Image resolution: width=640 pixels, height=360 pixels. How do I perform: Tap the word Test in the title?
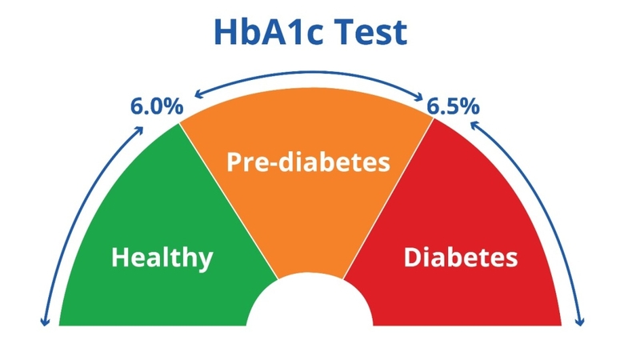point(371,33)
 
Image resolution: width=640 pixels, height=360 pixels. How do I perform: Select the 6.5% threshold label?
point(453,106)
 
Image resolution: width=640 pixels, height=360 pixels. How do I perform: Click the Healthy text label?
point(162,258)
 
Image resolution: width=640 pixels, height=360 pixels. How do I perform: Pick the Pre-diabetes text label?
point(308,163)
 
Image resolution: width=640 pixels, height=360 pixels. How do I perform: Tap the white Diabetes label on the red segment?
point(459,258)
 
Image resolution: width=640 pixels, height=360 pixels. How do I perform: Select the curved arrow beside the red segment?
point(552,208)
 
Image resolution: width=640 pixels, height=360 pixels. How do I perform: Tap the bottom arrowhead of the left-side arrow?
point(45,322)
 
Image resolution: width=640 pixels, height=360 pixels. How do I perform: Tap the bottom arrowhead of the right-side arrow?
point(580,322)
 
